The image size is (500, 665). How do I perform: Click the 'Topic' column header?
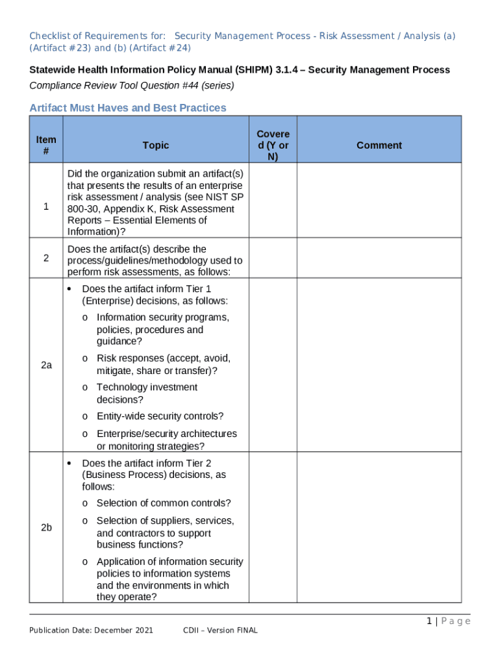pyautogui.click(x=156, y=145)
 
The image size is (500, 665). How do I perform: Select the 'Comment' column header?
pyautogui.click(x=379, y=145)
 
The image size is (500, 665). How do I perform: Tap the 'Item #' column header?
pyautogui.click(x=46, y=145)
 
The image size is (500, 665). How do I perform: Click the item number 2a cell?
pyautogui.click(x=46, y=366)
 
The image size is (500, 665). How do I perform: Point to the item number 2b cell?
pyautogui.click(x=46, y=527)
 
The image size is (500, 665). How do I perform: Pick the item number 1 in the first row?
pyautogui.click(x=46, y=207)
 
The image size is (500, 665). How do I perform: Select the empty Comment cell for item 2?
pyautogui.click(x=379, y=258)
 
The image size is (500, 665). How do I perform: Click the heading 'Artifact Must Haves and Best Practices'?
pyautogui.click(x=128, y=108)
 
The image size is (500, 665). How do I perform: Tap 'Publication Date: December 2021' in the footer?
pyautogui.click(x=91, y=630)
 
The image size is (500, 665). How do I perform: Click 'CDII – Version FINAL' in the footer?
pyautogui.click(x=221, y=630)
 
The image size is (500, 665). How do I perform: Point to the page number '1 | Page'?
pyautogui.click(x=448, y=621)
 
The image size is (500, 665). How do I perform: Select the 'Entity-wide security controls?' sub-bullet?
pyautogui.click(x=160, y=416)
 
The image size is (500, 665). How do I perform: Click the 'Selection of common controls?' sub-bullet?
pyautogui.click(x=164, y=503)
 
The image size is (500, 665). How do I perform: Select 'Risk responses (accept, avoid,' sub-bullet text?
pyautogui.click(x=164, y=358)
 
